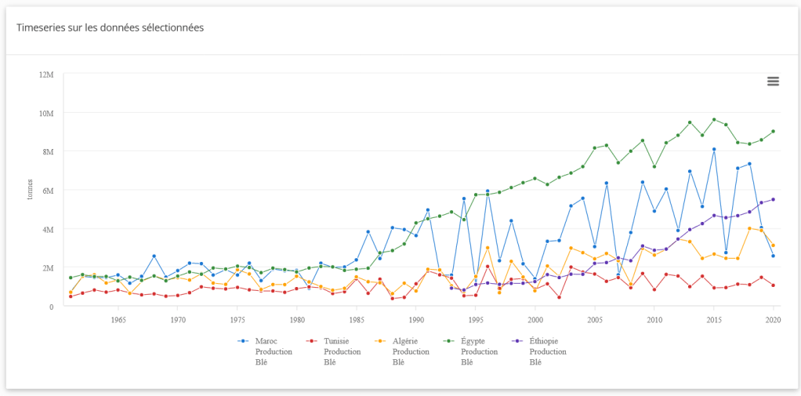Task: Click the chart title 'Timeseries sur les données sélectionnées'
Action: [x=111, y=27]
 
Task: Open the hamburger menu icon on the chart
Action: [x=773, y=82]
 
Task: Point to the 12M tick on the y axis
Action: [x=46, y=74]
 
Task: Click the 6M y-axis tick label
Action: [x=48, y=191]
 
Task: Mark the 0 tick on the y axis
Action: [x=51, y=307]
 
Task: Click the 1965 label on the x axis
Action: [x=118, y=320]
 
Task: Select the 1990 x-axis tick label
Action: [x=416, y=320]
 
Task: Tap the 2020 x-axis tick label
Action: [x=773, y=320]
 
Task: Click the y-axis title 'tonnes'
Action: [x=30, y=191]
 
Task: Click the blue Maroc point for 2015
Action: [x=714, y=149]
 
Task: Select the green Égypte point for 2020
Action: [x=774, y=132]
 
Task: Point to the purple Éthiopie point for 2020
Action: [x=774, y=199]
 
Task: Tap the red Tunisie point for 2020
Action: [x=774, y=285]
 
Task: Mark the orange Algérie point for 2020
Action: [x=774, y=245]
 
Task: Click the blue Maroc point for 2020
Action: [x=774, y=256]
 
